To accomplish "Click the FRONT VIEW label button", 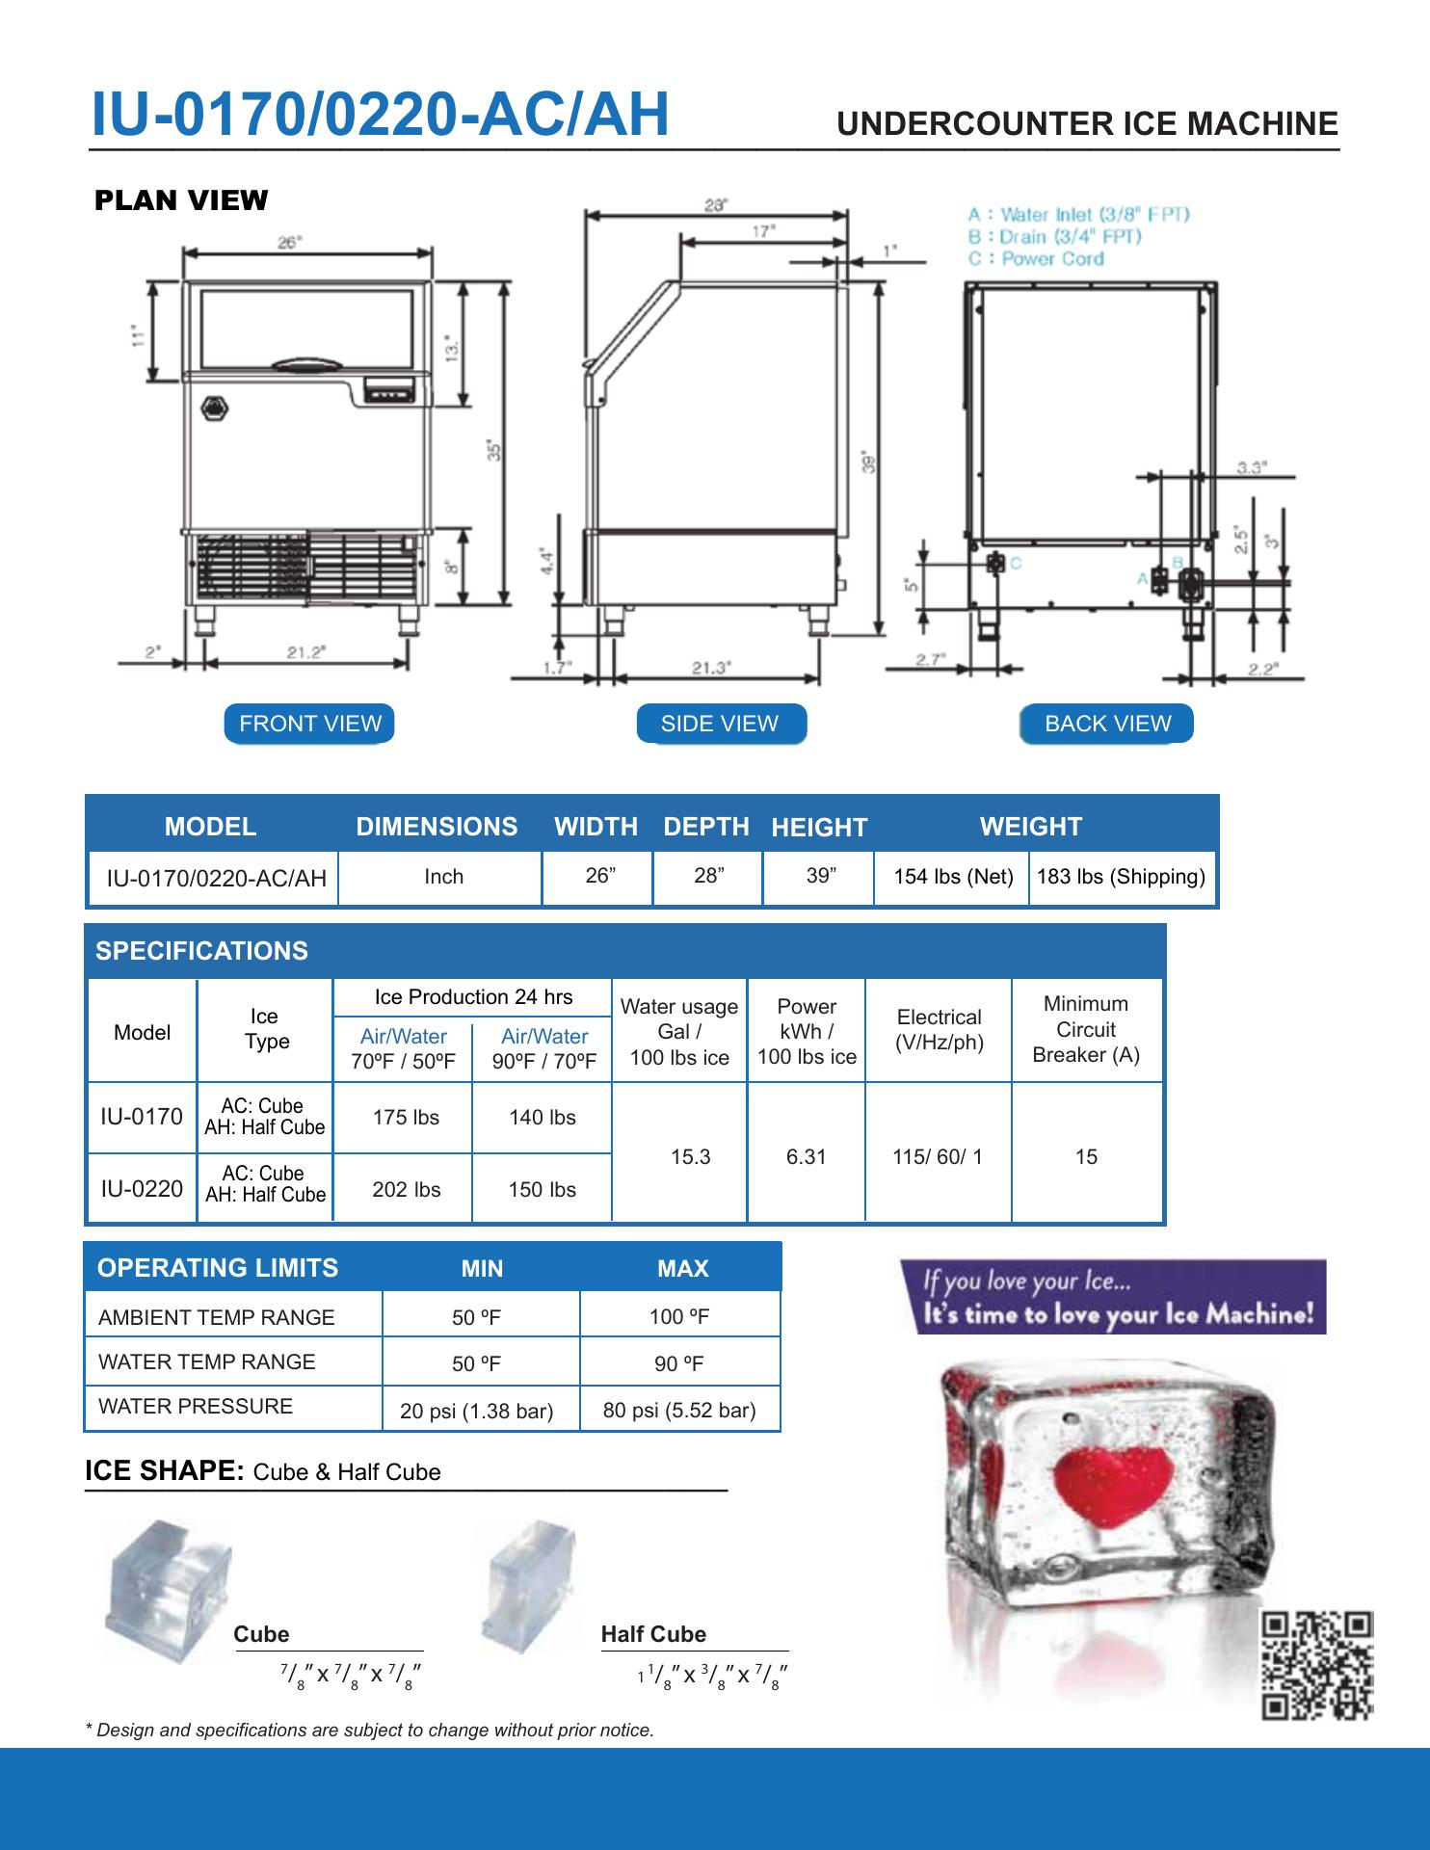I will [309, 724].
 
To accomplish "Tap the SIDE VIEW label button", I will [720, 724].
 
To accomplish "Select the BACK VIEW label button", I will [1106, 724].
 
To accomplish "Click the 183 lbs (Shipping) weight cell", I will [1121, 877].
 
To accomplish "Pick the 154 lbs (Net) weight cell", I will [953, 877].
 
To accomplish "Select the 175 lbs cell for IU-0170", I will [406, 1118].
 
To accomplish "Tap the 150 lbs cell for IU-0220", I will [543, 1190].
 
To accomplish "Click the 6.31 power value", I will [807, 1156].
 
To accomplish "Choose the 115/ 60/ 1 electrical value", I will [938, 1156].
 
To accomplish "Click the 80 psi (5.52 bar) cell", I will [679, 1411].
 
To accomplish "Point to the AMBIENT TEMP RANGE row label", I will [217, 1317].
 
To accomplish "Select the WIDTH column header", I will [596, 827].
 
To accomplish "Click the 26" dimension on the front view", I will [288, 243].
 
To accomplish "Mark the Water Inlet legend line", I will [1079, 214].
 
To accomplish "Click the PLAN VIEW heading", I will [181, 200].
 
